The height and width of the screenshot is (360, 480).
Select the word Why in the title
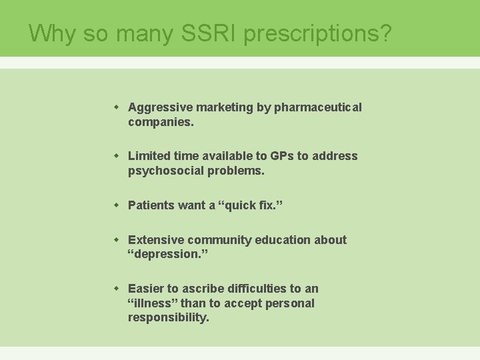tap(52, 33)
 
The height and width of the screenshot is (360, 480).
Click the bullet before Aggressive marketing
tap(116, 107)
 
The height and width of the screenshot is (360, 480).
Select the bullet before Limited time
tap(116, 155)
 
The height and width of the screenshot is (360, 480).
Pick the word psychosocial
tap(161, 171)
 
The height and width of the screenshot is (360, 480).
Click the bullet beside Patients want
tap(116, 205)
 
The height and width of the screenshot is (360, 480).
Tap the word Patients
tap(151, 205)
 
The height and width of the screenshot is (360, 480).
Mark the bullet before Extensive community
tap(116, 239)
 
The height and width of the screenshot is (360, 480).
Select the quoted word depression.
tap(163, 255)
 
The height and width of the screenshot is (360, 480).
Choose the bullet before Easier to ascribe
tap(116, 288)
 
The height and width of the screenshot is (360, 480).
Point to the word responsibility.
tap(168, 318)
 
